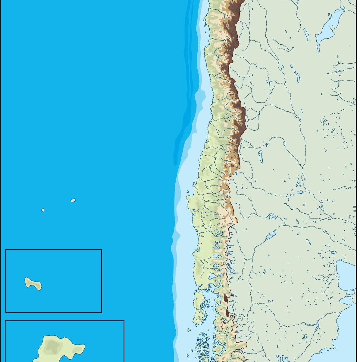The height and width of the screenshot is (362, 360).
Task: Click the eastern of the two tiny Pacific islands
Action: pos(73,200)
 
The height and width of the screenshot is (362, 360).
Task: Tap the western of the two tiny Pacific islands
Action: pos(43,210)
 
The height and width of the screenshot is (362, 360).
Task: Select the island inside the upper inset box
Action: pos(33,284)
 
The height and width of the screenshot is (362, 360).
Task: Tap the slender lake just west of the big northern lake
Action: pos(306,34)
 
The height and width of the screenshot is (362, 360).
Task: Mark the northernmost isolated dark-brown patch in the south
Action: pos(225,298)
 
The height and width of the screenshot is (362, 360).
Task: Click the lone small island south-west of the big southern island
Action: pos(189,330)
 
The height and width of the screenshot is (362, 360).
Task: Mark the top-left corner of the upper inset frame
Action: pos(6,250)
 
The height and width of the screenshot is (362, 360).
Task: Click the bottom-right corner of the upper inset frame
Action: pos(102,312)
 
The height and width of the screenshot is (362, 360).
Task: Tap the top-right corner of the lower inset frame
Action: pos(124,321)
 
